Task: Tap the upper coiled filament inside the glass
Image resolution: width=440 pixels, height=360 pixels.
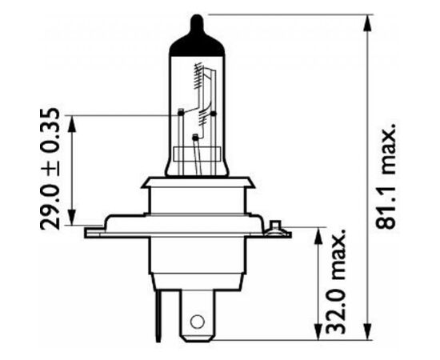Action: pos(197,77)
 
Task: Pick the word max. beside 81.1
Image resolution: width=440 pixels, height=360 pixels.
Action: pos(390,148)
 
